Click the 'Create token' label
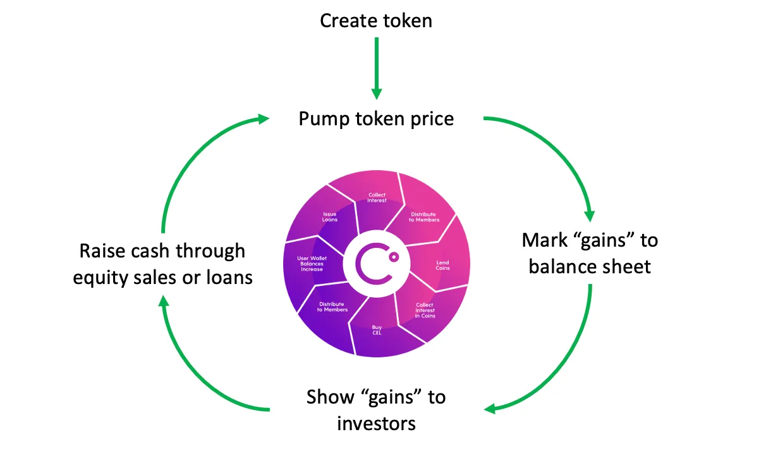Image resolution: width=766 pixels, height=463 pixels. (376, 20)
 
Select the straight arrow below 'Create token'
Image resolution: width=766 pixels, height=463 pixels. (377, 67)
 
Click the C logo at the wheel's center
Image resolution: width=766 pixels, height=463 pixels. (377, 264)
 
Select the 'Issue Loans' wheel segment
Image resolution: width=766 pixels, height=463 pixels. (330, 217)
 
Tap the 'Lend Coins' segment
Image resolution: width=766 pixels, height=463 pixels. (442, 265)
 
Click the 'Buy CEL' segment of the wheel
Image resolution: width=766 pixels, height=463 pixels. (377, 330)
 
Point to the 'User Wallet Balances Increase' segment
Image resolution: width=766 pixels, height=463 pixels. (312, 264)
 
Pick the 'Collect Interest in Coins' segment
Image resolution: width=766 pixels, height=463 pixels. (425, 310)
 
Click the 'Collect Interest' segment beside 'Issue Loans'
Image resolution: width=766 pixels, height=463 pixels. (377, 197)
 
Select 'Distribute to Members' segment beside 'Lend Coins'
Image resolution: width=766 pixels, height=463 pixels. (423, 217)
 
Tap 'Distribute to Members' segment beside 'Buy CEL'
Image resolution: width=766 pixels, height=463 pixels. (332, 307)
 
